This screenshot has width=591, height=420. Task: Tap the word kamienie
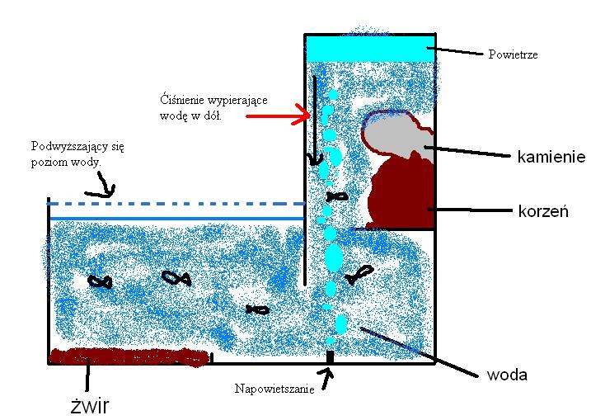pos(551,156)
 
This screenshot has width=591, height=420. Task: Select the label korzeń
pos(544,211)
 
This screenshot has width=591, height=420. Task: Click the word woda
pos(507,375)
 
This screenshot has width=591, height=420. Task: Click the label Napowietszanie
pos(274,389)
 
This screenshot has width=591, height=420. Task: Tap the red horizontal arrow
pos(276,117)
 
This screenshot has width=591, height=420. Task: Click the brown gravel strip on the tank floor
pos(128,357)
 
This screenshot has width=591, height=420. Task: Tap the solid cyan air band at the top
pos(369,49)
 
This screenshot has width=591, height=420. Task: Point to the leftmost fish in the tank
pos(100,281)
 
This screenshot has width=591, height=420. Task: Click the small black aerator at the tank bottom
pos(330,357)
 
